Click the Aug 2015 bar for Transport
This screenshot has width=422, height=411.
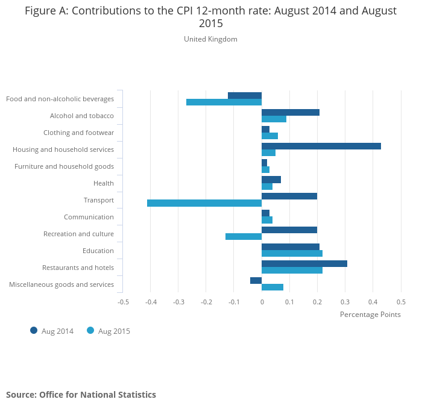pyautogui.click(x=204, y=203)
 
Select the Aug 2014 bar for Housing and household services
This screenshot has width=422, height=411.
pyautogui.click(x=321, y=146)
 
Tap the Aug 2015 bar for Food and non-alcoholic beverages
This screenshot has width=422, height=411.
pyautogui.click(x=224, y=102)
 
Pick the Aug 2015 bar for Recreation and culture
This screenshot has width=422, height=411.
pyautogui.click(x=244, y=237)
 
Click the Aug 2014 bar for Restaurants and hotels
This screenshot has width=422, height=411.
pyautogui.click(x=304, y=263)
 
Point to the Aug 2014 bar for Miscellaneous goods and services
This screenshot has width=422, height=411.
pyautogui.click(x=256, y=280)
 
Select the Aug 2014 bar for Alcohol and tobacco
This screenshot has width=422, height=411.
pyautogui.click(x=291, y=112)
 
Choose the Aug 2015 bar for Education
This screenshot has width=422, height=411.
pyautogui.click(x=292, y=254)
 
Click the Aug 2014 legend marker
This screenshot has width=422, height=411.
pyautogui.click(x=34, y=330)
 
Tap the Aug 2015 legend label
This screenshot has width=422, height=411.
pyautogui.click(x=114, y=331)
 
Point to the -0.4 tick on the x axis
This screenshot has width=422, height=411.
pyautogui.click(x=151, y=301)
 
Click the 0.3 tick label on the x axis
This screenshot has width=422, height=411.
pyautogui.click(x=345, y=301)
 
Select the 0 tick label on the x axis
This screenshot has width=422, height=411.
pyautogui.click(x=262, y=301)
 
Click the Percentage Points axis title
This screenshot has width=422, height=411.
pyautogui.click(x=370, y=314)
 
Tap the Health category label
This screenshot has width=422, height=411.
pyautogui.click(x=104, y=183)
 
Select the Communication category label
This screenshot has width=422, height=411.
pyautogui.click(x=89, y=217)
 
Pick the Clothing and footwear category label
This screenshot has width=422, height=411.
pyautogui.click(x=78, y=133)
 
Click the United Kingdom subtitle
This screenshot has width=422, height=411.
pyautogui.click(x=210, y=39)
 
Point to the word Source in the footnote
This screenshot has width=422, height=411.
pyautogui.click(x=20, y=395)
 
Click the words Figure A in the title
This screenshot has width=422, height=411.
pyautogui.click(x=46, y=11)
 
